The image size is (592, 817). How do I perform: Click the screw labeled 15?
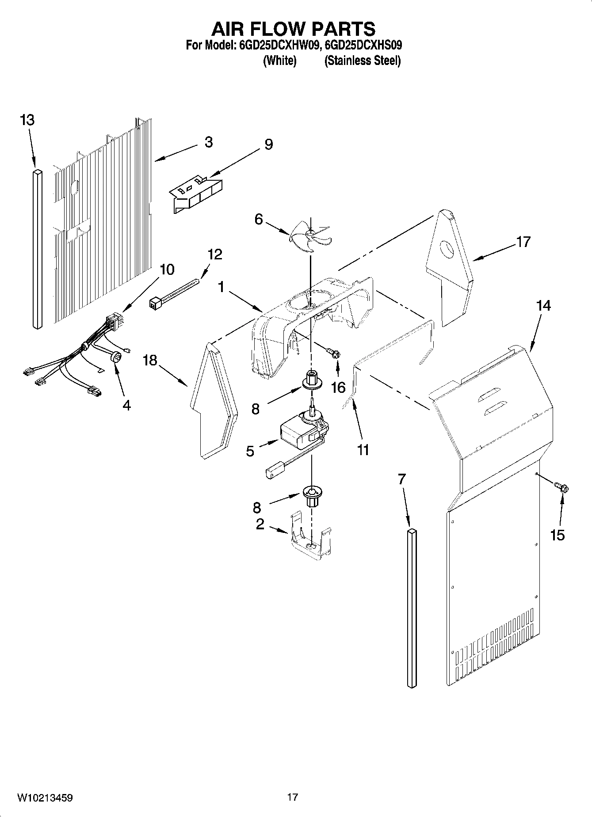pos(561,487)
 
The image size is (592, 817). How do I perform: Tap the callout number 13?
pos(27,120)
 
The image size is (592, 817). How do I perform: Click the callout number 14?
pos(543,306)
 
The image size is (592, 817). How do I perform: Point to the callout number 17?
pos(523,242)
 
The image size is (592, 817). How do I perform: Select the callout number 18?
pos(150,360)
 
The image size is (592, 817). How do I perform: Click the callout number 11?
pos(363,450)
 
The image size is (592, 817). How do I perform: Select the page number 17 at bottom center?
pos(292,797)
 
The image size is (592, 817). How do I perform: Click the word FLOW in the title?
pos(293,29)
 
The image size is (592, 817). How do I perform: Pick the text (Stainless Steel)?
pos(363,61)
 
